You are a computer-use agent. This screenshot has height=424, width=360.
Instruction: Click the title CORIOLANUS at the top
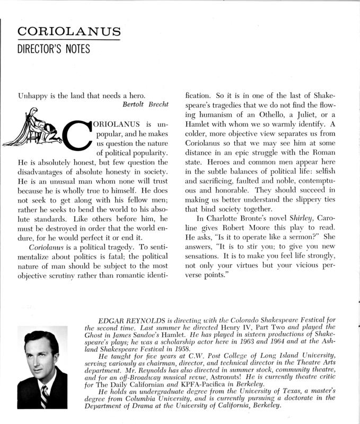(x=68, y=31)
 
